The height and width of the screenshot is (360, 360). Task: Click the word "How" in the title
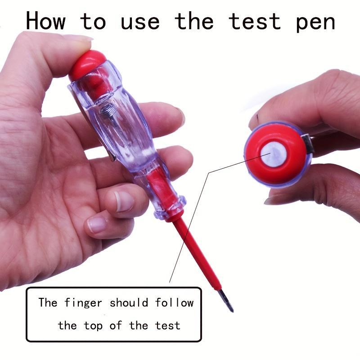[x=46, y=21]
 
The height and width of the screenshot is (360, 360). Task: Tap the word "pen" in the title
[x=315, y=22]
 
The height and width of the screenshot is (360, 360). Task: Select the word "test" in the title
[x=254, y=21]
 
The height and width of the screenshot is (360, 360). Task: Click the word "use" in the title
[x=140, y=22]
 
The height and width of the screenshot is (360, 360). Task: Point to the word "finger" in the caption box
[x=83, y=303]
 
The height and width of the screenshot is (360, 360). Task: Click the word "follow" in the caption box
[x=174, y=302]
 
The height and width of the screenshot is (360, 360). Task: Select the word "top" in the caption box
[x=93, y=326]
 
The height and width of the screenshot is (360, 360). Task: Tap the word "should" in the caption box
[x=129, y=302]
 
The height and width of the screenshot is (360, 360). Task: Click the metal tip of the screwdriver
[x=227, y=300]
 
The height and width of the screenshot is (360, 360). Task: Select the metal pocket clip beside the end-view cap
[x=308, y=144]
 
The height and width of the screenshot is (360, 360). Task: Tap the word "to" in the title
[x=93, y=21]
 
